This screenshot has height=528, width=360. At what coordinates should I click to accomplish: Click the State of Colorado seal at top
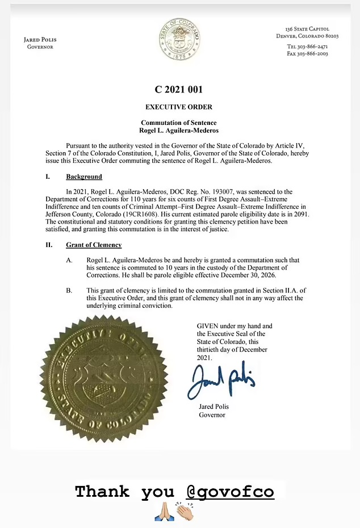(x=179, y=39)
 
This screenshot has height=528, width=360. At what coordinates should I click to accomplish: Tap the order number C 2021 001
(x=179, y=90)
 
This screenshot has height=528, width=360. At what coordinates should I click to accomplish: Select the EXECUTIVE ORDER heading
(x=179, y=107)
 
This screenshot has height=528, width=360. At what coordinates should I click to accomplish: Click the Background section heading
(x=83, y=177)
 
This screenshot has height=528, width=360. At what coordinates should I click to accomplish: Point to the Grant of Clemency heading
(x=94, y=245)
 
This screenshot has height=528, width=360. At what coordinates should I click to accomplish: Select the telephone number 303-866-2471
(x=317, y=46)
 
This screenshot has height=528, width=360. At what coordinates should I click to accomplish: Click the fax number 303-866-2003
(x=317, y=53)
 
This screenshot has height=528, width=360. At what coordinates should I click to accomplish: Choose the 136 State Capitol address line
(x=307, y=29)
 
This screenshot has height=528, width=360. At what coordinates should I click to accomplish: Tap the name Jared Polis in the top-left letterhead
(x=40, y=40)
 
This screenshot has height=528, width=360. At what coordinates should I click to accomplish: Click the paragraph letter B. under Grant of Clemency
(x=69, y=291)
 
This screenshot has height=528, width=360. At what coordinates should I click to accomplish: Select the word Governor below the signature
(x=212, y=415)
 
